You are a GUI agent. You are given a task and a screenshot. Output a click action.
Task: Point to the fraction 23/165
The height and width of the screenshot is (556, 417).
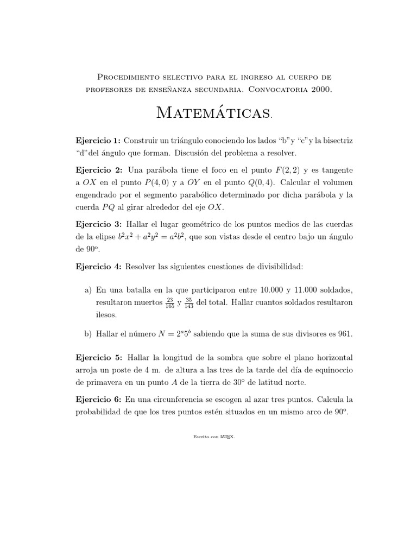click(170, 302)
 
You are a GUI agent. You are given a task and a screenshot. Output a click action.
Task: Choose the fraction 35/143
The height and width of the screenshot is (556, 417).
click(189, 302)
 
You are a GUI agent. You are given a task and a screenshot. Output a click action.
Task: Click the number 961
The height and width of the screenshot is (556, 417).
click(344, 334)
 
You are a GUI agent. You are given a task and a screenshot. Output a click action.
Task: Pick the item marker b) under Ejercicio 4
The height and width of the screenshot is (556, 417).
click(88, 334)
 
